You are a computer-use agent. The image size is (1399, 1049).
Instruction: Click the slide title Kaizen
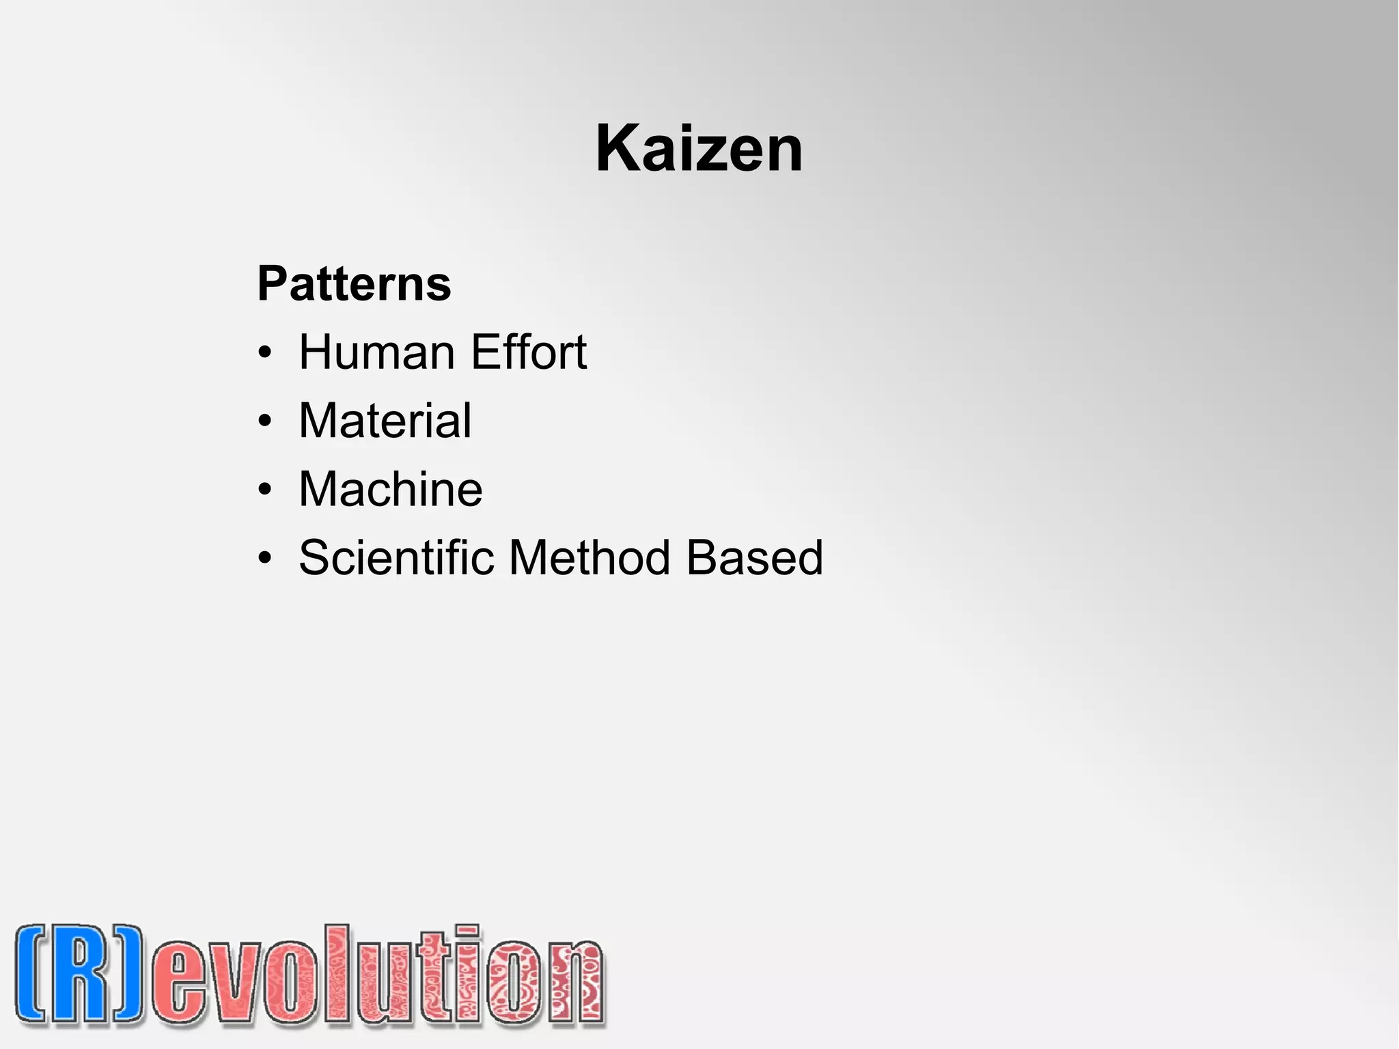pyautogui.click(x=699, y=149)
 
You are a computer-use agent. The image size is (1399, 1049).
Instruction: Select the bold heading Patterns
pyautogui.click(x=354, y=283)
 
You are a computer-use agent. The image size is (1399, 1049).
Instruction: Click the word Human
pyautogui.click(x=376, y=352)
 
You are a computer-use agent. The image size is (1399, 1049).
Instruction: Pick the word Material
pyautogui.click(x=385, y=421)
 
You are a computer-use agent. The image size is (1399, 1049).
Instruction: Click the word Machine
pyautogui.click(x=390, y=489)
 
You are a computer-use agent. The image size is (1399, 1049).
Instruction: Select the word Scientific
pyautogui.click(x=396, y=557)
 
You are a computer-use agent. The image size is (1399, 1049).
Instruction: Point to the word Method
pyautogui.click(x=590, y=557)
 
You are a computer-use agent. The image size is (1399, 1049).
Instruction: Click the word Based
pyautogui.click(x=754, y=557)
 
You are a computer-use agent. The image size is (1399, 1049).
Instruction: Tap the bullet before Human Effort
pyautogui.click(x=265, y=353)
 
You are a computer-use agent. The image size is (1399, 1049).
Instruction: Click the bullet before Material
pyautogui.click(x=265, y=421)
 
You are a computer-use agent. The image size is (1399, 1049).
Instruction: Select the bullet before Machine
pyautogui.click(x=265, y=490)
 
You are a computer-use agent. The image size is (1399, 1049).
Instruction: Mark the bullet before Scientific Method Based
pyautogui.click(x=265, y=558)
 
